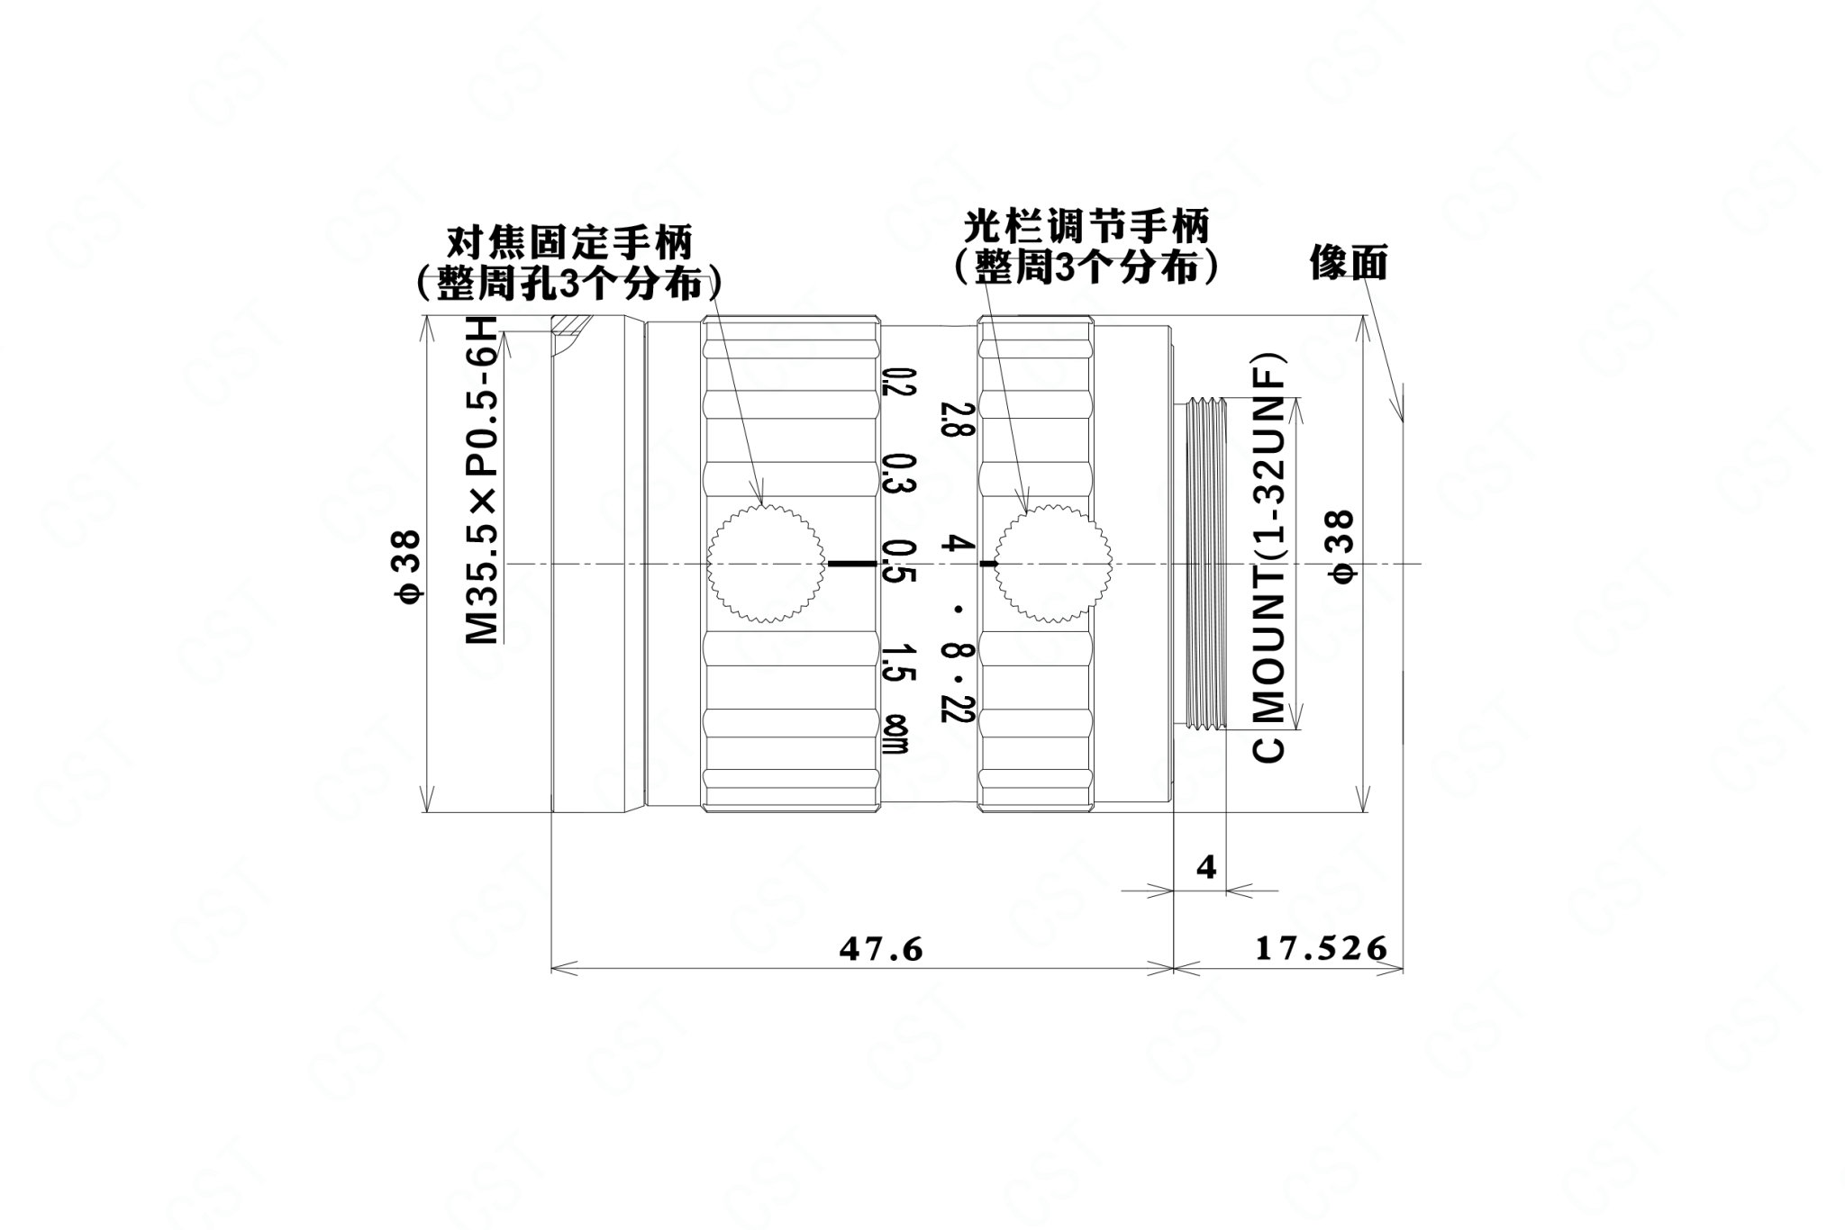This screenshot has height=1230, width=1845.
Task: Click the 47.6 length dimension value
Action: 881,948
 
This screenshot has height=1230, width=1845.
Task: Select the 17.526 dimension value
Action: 1321,948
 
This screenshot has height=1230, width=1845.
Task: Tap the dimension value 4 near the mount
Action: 1206,867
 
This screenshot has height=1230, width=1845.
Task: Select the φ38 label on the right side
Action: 1341,547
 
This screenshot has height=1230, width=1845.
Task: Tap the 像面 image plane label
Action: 1349,263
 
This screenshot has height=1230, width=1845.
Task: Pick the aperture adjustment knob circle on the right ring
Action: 1053,563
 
